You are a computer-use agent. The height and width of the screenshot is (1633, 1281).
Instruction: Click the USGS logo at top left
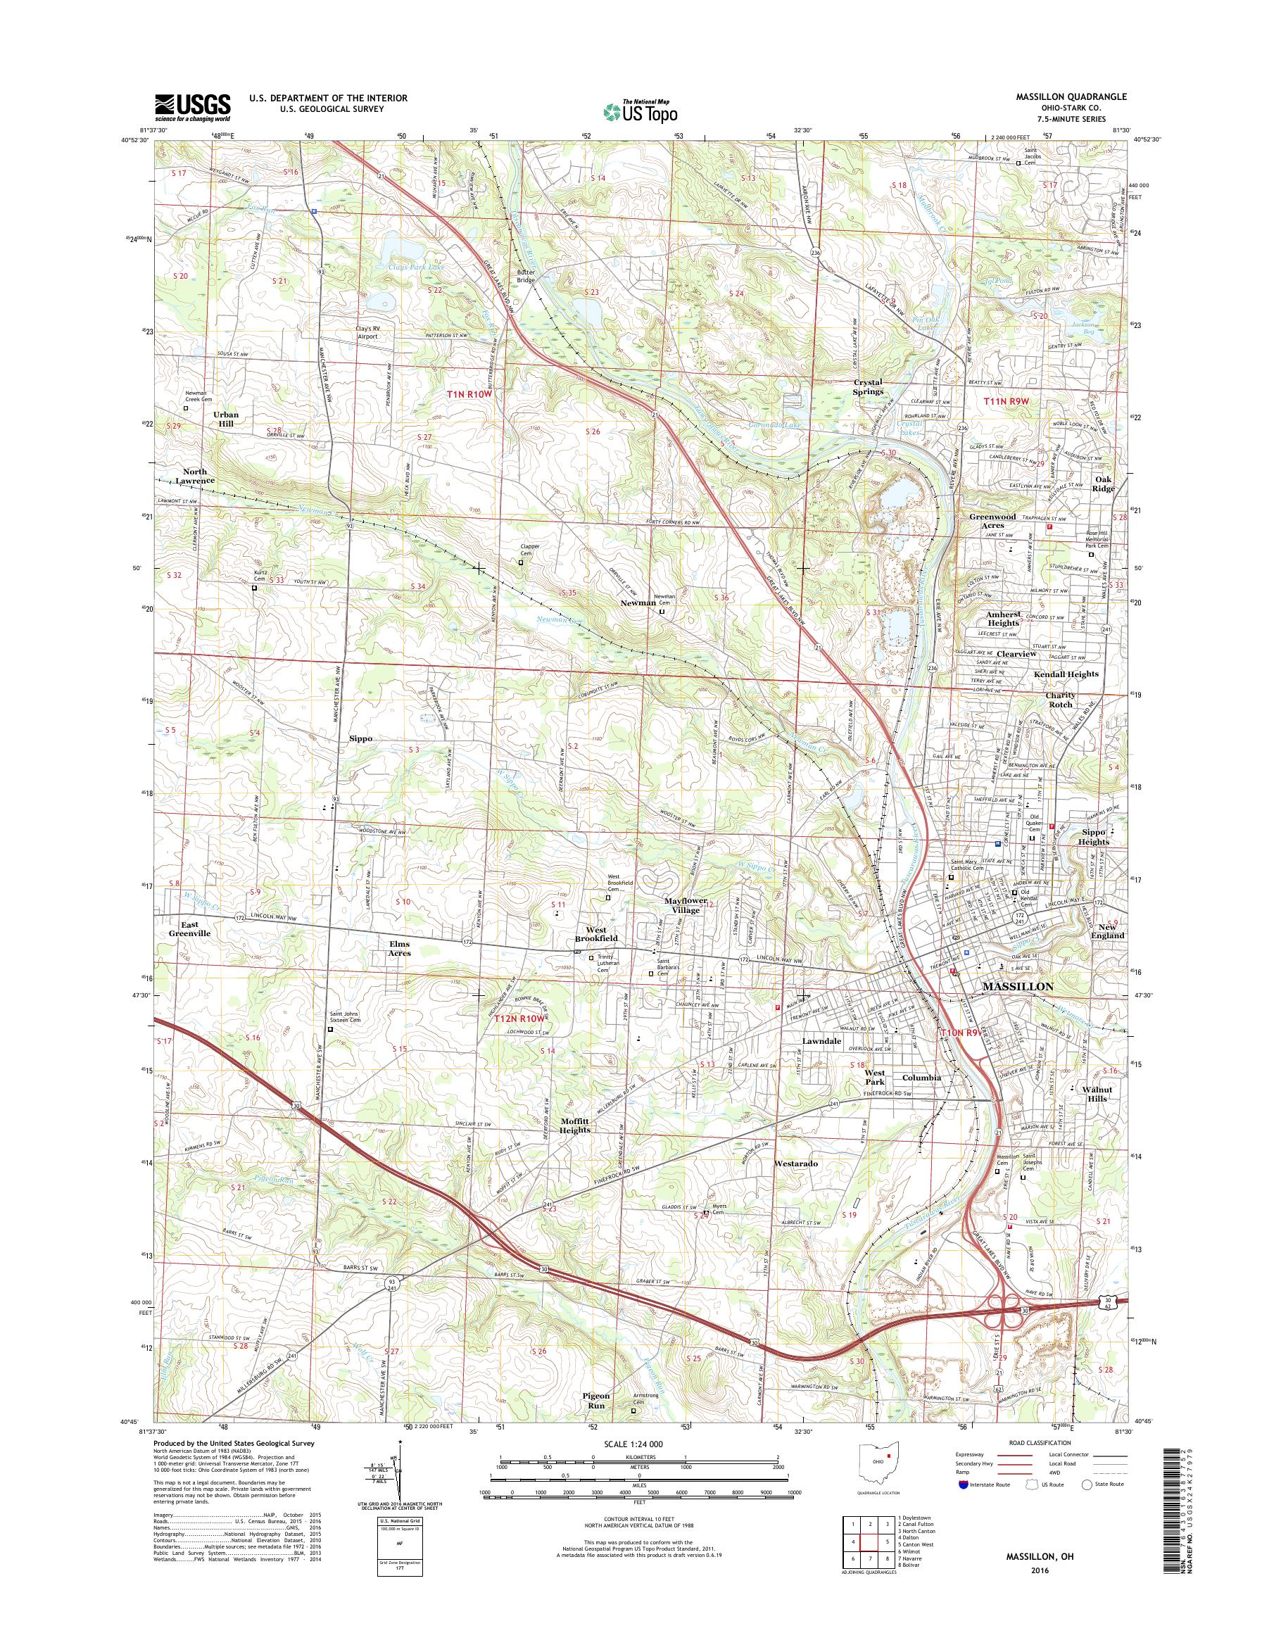click(193, 107)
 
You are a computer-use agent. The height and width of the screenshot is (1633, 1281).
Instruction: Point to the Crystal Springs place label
click(869, 387)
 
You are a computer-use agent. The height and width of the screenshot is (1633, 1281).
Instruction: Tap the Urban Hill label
click(225, 420)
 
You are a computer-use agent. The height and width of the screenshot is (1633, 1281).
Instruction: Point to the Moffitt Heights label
click(575, 1126)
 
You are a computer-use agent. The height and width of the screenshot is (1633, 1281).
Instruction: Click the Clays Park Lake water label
click(415, 267)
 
